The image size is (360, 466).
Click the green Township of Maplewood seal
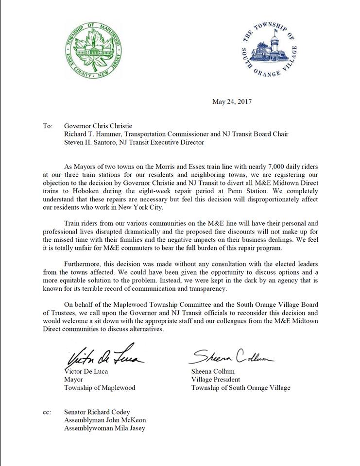93,50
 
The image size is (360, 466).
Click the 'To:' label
48,126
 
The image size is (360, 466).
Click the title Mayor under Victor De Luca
74,380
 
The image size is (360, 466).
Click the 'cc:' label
47,412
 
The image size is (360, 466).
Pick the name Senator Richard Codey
97,412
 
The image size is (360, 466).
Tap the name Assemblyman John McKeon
105,420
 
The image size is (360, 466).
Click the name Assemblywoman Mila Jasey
105,429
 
